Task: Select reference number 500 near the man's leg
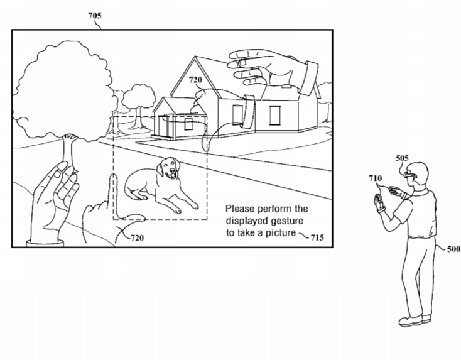click(453, 249)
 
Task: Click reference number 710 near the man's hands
click(376, 179)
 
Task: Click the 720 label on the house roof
click(197, 80)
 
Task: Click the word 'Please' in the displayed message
click(239, 209)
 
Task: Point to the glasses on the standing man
click(409, 173)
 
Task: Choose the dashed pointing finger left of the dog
click(114, 195)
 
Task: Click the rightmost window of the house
click(275, 116)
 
